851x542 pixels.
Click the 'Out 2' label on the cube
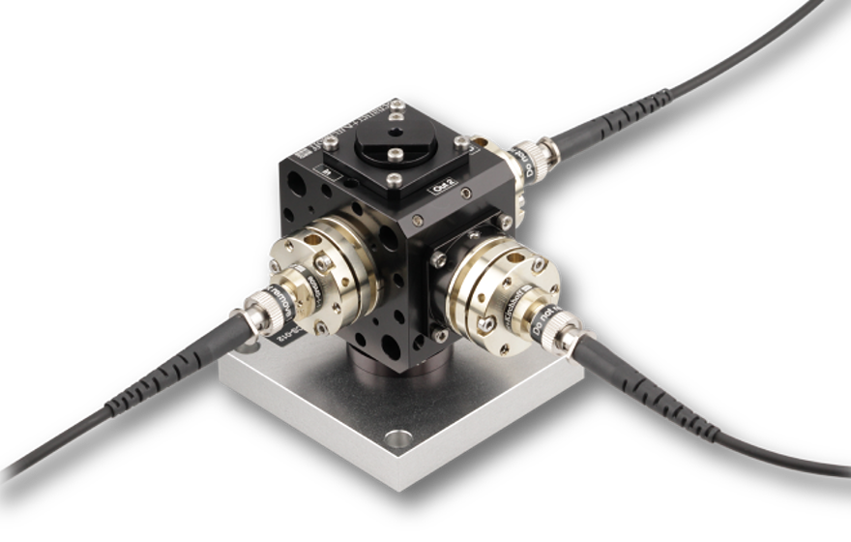pyautogui.click(x=439, y=191)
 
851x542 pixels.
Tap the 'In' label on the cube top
pyautogui.click(x=329, y=176)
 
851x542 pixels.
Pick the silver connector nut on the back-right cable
pyautogui.click(x=548, y=154)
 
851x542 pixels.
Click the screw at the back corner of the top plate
pyautogui.click(x=396, y=118)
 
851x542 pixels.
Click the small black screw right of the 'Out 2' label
pyautogui.click(x=468, y=194)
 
